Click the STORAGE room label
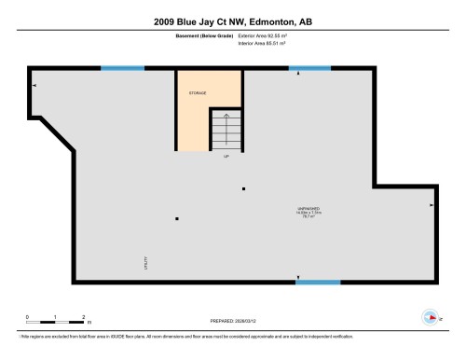(198, 94)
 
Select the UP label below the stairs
(226, 156)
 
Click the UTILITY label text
(145, 265)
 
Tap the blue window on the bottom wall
(318, 281)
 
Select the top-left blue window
(122, 68)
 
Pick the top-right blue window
(309, 68)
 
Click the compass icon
(430, 316)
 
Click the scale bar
(56, 323)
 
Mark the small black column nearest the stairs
(243, 189)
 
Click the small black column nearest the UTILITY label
(176, 219)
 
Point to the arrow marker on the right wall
(431, 204)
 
